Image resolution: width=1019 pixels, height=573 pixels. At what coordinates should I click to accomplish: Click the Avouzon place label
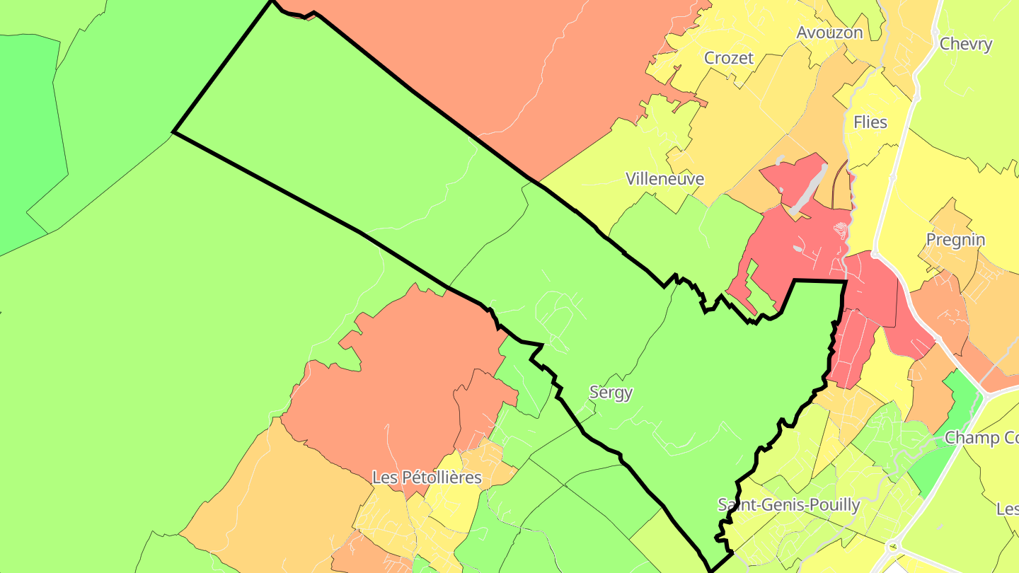tap(829, 33)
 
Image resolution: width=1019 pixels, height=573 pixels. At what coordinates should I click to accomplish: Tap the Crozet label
tap(729, 58)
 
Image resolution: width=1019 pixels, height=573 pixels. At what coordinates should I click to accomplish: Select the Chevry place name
tap(966, 44)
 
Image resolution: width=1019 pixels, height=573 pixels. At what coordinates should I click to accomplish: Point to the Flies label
tap(870, 122)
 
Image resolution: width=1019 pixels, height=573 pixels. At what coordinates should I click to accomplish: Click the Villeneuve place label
tap(665, 179)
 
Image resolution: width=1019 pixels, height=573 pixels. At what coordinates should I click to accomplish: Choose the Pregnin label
tap(955, 240)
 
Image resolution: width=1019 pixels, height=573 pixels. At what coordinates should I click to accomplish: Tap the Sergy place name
tap(611, 393)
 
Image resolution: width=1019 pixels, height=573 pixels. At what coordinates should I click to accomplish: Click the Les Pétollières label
tap(427, 477)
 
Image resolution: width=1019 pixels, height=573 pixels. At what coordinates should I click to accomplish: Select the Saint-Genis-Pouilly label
tap(789, 505)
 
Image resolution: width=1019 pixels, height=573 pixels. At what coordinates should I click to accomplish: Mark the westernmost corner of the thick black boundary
tap(174, 132)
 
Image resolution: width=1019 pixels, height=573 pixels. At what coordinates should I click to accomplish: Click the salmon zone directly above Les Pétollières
tap(396, 382)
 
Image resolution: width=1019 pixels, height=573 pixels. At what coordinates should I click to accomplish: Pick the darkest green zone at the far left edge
tap(28, 141)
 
